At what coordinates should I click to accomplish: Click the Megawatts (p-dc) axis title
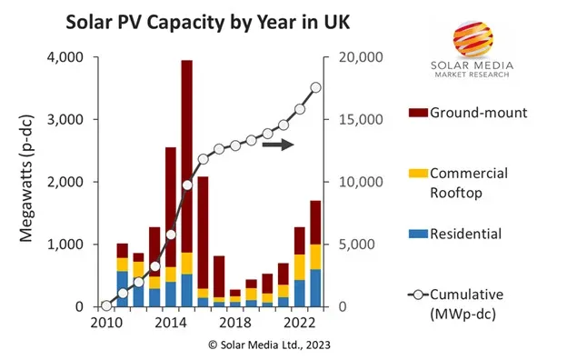click(x=25, y=182)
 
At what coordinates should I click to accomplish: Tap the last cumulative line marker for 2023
click(x=316, y=88)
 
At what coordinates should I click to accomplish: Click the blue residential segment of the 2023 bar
click(x=316, y=288)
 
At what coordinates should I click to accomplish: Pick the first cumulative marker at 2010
click(x=106, y=306)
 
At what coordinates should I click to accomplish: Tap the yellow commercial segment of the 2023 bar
click(x=316, y=256)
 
